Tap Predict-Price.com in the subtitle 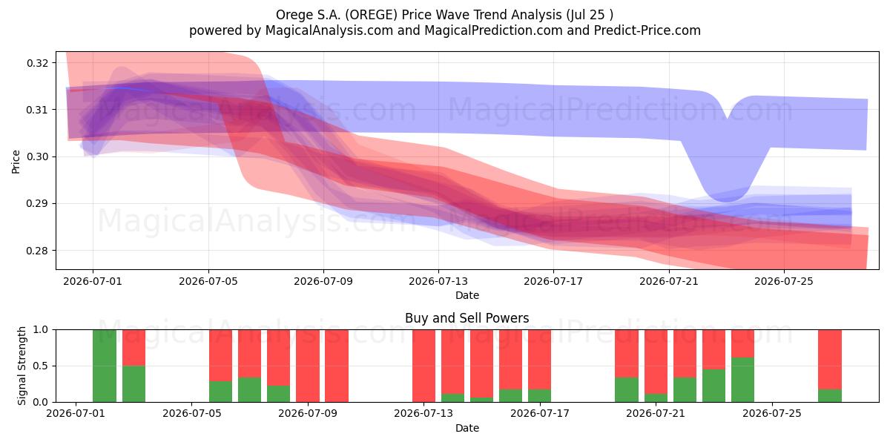coord(647,30)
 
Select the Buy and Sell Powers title coord(467,318)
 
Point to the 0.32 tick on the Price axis coord(37,63)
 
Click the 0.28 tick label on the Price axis coord(37,251)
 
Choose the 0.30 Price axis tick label coord(37,157)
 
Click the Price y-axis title coord(16,162)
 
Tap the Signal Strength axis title coord(22,366)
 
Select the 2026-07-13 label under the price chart coord(438,282)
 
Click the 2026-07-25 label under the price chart coord(784,282)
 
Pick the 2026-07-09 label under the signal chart coord(308,414)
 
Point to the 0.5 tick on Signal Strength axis coord(41,366)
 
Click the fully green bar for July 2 coord(105,366)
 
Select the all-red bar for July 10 coord(337,366)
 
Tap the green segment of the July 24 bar coord(742,380)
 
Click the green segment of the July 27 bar coord(830,396)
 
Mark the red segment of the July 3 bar coord(133,348)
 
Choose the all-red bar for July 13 coord(423,366)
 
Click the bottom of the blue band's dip coord(726,201)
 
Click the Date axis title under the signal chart coord(467,429)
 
